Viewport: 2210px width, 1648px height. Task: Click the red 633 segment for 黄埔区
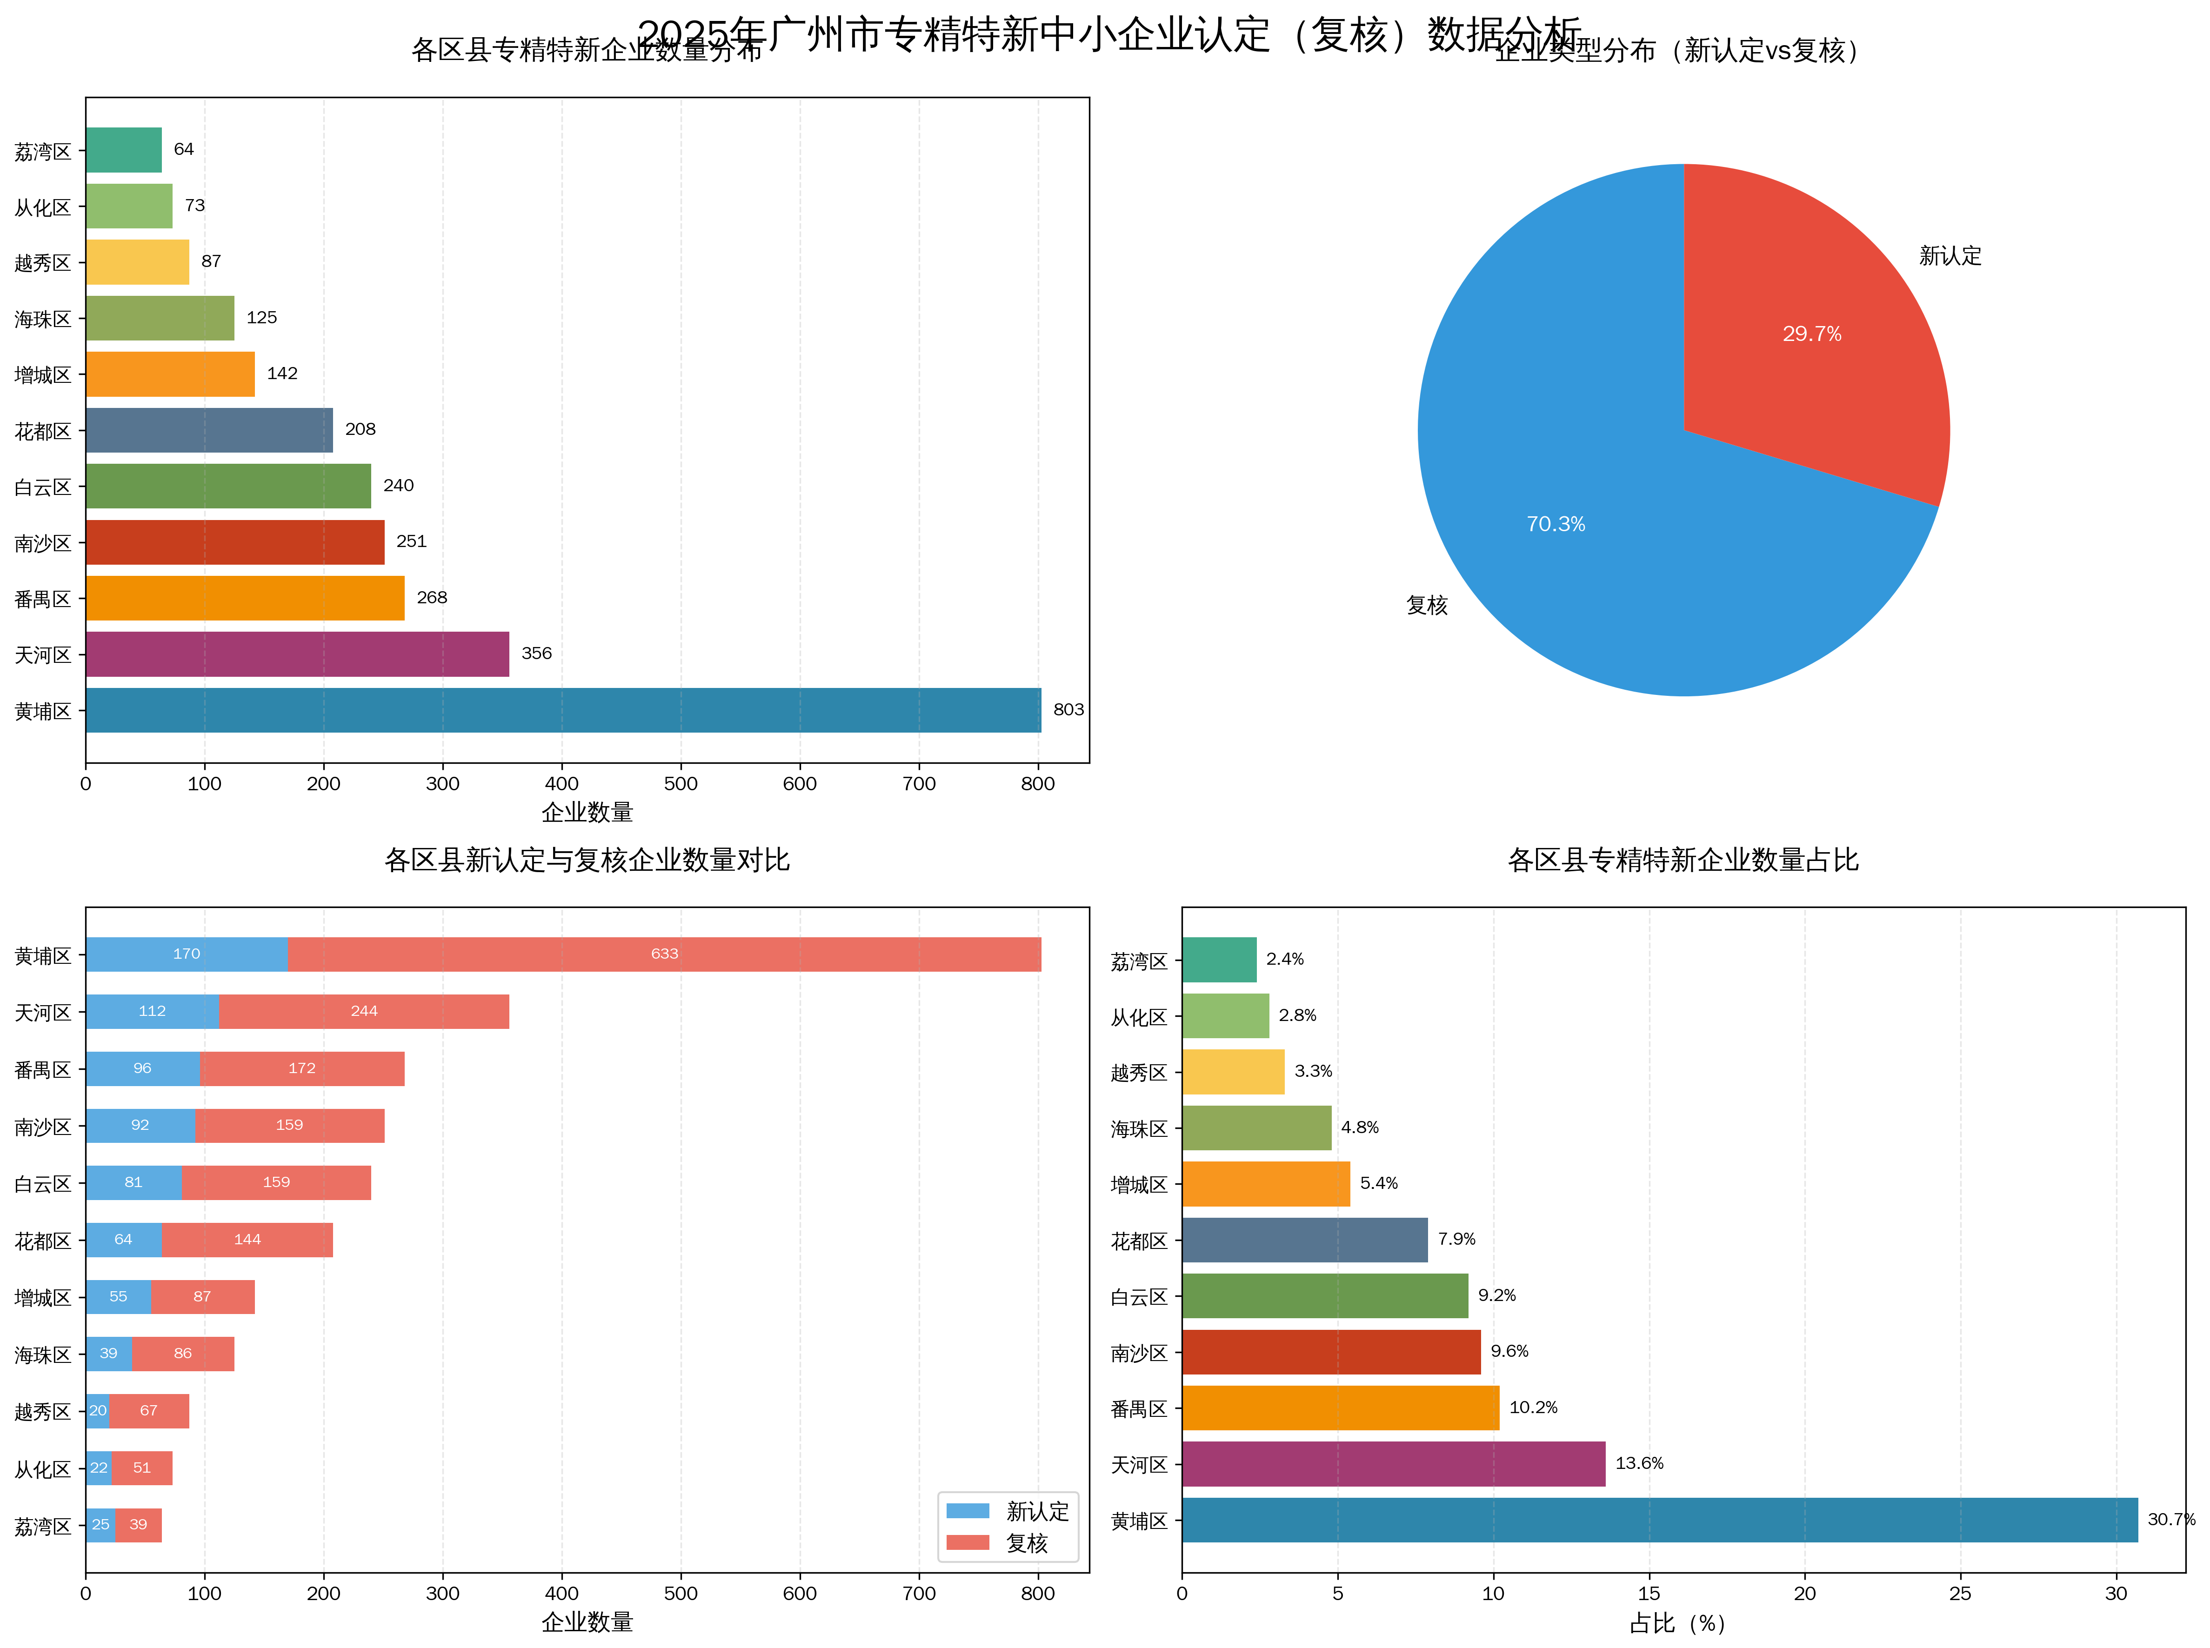(x=665, y=954)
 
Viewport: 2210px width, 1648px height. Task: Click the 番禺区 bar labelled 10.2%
(x=1340, y=1408)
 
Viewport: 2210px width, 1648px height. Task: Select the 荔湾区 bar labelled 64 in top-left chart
(x=124, y=150)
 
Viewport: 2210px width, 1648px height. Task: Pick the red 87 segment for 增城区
(x=202, y=1297)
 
